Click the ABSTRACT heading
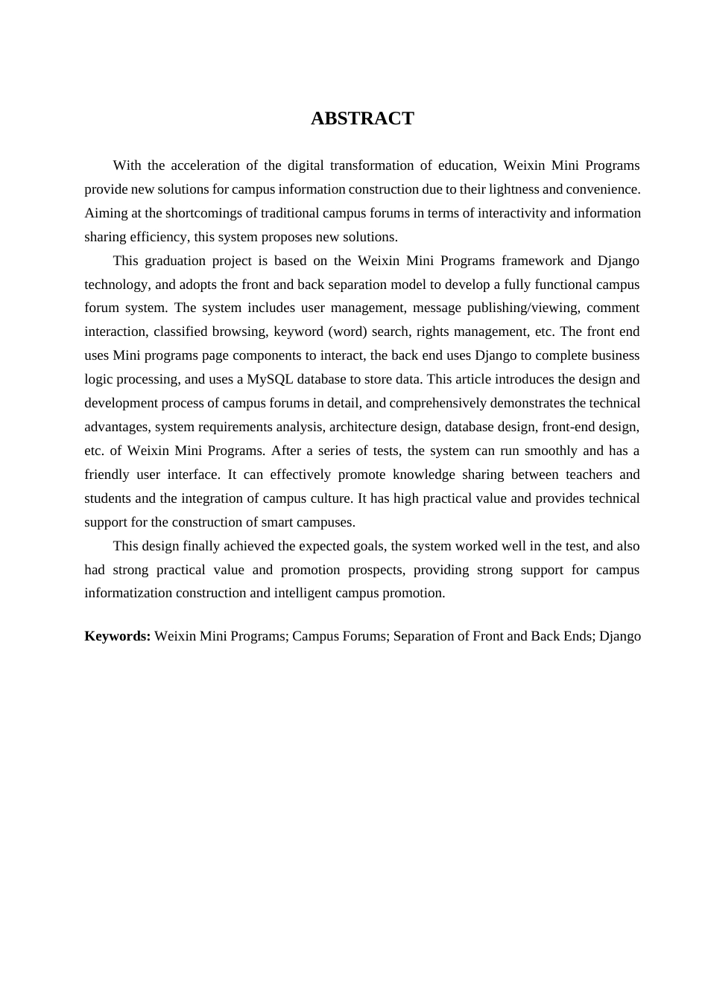(362, 118)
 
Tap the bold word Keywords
(118, 636)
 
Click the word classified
(177, 331)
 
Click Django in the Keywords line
(620, 636)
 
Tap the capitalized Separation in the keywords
(423, 636)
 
